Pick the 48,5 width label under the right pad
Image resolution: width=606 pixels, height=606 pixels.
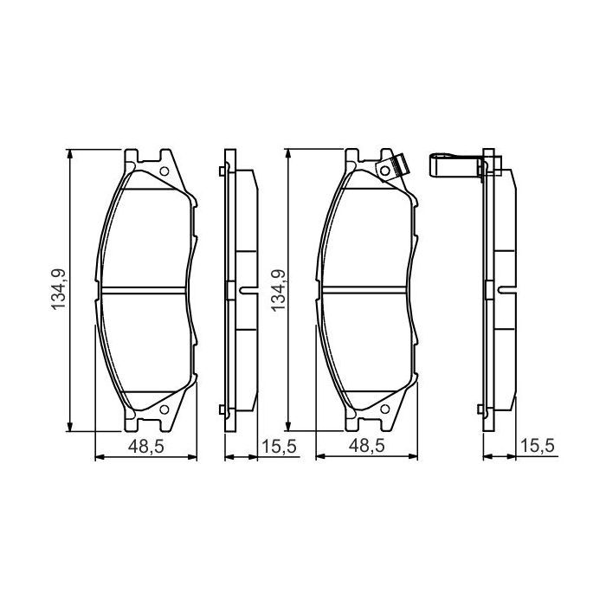point(367,447)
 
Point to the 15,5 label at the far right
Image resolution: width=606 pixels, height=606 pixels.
point(537,447)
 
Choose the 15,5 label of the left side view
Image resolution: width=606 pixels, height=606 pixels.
point(278,447)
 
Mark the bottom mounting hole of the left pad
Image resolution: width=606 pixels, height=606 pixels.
point(164,409)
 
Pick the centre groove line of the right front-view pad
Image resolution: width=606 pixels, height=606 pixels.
point(366,289)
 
